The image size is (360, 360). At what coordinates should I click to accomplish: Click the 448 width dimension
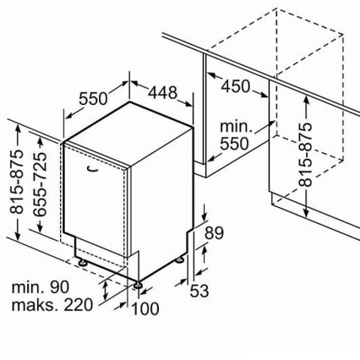coord(163,92)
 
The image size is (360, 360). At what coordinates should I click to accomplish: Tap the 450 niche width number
coord(235,86)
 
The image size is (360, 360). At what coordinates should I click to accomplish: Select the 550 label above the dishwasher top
coord(93,98)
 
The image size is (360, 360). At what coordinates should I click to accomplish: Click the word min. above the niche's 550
coord(236,127)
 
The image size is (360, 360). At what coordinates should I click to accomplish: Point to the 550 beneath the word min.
coord(235,143)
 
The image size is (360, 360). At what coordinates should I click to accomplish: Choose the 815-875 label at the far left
coord(17,182)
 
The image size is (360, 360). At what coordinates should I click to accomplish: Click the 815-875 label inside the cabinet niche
coord(305,155)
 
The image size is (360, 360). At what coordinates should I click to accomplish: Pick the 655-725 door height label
coord(40,185)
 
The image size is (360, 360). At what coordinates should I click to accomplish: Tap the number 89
coord(214,233)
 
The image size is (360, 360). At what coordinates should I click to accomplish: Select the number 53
coord(200,291)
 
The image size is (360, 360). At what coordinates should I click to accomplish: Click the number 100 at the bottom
coord(145,309)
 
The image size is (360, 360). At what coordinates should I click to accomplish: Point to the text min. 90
coord(40,287)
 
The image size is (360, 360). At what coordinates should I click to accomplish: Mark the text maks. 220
coord(52,305)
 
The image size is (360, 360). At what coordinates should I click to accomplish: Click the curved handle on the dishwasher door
coord(93,169)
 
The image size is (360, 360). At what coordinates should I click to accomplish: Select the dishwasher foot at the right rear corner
coord(179,259)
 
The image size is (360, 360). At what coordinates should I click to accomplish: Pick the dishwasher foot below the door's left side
coord(82,262)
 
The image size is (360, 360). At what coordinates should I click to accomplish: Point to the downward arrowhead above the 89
coord(205,217)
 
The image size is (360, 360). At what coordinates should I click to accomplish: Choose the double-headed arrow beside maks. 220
coord(106,290)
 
